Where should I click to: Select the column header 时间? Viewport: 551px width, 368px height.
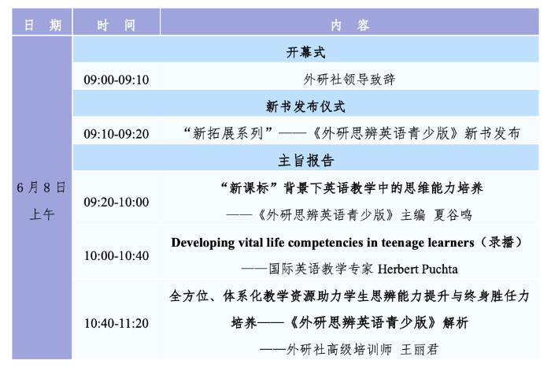[x=116, y=24]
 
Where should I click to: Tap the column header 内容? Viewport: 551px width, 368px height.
[x=350, y=24]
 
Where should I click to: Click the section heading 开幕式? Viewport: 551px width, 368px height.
[x=305, y=53]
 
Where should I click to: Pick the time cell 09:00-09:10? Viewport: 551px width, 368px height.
[x=116, y=80]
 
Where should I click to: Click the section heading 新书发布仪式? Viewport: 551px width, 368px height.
[x=305, y=106]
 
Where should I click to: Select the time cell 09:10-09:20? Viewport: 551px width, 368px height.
[x=116, y=134]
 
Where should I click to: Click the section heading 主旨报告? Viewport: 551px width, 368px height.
[x=305, y=161]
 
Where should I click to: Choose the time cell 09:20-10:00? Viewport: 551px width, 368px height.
[x=116, y=202]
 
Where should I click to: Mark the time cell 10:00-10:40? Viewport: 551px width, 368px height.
[x=116, y=255]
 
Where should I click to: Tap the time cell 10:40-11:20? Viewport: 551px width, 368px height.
[x=116, y=323]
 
